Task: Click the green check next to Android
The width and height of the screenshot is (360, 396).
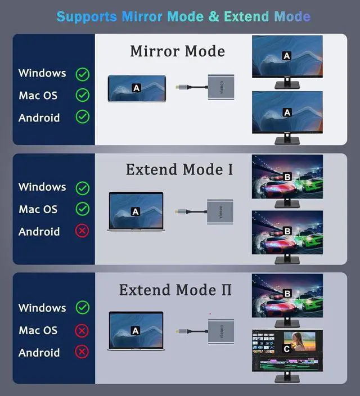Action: coord(83,117)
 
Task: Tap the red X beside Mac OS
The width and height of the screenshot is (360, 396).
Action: coord(83,330)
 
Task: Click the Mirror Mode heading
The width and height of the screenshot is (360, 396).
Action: coord(177,51)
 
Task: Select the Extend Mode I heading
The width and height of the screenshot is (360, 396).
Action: coord(179,169)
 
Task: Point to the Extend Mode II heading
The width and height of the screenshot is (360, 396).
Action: coord(175,290)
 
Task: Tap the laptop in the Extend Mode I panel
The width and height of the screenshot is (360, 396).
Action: coord(135,213)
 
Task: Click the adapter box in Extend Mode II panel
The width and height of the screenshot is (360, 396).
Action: coord(220,331)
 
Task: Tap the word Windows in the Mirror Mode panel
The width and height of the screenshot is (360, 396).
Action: coord(42,73)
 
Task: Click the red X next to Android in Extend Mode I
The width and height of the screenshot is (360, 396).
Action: coord(83,231)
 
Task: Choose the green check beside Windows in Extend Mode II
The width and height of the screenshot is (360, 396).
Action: coord(83,308)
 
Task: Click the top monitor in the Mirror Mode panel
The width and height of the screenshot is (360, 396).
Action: coord(287,58)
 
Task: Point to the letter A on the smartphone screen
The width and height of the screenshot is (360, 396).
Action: coord(136,88)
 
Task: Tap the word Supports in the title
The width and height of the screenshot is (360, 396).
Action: coord(87,16)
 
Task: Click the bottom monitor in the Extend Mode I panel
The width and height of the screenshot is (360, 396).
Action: coord(287,232)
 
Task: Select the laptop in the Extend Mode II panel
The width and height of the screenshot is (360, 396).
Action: coord(135,332)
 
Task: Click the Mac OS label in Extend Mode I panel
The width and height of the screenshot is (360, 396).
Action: coord(38,209)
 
